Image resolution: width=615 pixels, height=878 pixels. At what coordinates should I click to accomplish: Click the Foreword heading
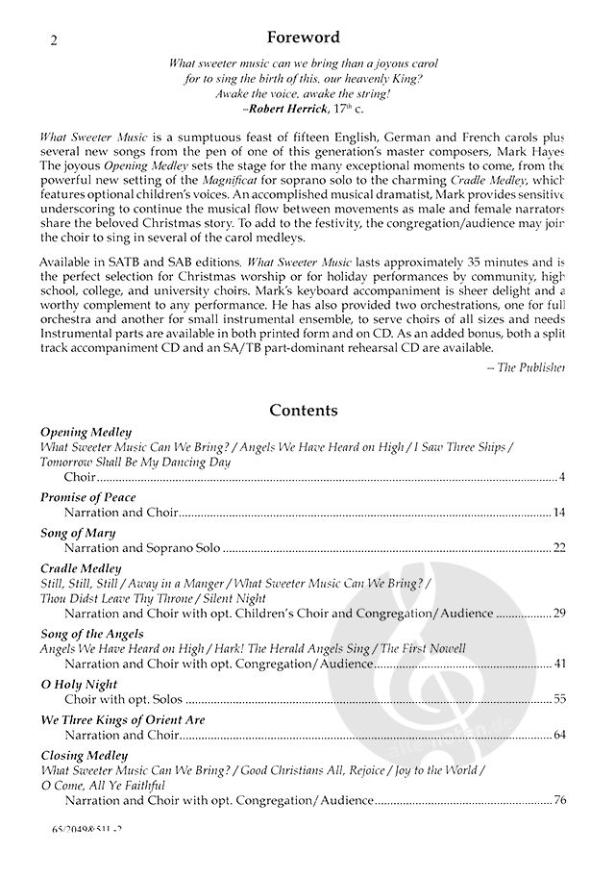click(x=303, y=38)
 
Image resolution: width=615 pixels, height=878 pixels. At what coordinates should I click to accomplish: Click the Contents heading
click(x=303, y=411)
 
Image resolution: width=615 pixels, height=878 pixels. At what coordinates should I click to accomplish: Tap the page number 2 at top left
click(x=53, y=40)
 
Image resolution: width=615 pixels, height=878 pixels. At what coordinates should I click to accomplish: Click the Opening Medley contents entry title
click(x=86, y=433)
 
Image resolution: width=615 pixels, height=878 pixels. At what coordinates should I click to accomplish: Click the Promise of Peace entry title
click(x=88, y=497)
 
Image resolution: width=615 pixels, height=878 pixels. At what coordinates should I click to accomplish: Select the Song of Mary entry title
click(x=78, y=533)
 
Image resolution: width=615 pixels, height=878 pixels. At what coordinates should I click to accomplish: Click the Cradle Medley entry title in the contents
click(x=81, y=568)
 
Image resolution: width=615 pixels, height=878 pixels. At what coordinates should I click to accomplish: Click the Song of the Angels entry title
click(x=92, y=634)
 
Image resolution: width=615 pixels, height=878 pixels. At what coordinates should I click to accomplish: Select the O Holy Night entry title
click(x=79, y=685)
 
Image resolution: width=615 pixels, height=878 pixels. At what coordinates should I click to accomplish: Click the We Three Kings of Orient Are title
click(x=123, y=720)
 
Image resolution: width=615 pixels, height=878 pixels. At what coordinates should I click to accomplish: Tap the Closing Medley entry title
click(x=84, y=756)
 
